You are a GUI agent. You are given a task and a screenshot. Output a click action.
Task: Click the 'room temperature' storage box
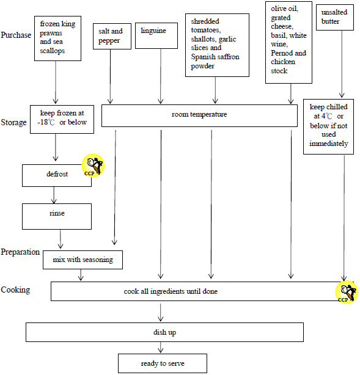(x=199, y=115)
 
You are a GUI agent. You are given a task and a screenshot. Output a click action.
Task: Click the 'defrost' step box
(x=56, y=175)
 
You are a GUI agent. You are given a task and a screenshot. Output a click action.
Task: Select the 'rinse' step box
(x=56, y=214)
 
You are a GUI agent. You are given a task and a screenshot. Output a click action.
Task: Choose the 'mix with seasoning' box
(x=83, y=260)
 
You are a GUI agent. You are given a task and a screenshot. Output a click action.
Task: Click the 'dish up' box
(x=164, y=332)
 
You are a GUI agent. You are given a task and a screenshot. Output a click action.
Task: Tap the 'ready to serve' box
(x=162, y=363)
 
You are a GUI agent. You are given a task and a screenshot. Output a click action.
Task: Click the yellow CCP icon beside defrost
(x=94, y=166)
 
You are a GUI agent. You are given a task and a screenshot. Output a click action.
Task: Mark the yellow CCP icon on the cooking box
(x=347, y=292)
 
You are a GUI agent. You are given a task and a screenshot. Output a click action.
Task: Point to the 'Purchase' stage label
(x=15, y=34)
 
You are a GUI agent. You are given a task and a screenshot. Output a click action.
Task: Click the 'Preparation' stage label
(x=20, y=252)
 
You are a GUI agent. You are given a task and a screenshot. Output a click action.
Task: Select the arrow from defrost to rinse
(x=54, y=195)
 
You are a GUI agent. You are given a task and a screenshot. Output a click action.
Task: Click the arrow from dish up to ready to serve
(x=161, y=348)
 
